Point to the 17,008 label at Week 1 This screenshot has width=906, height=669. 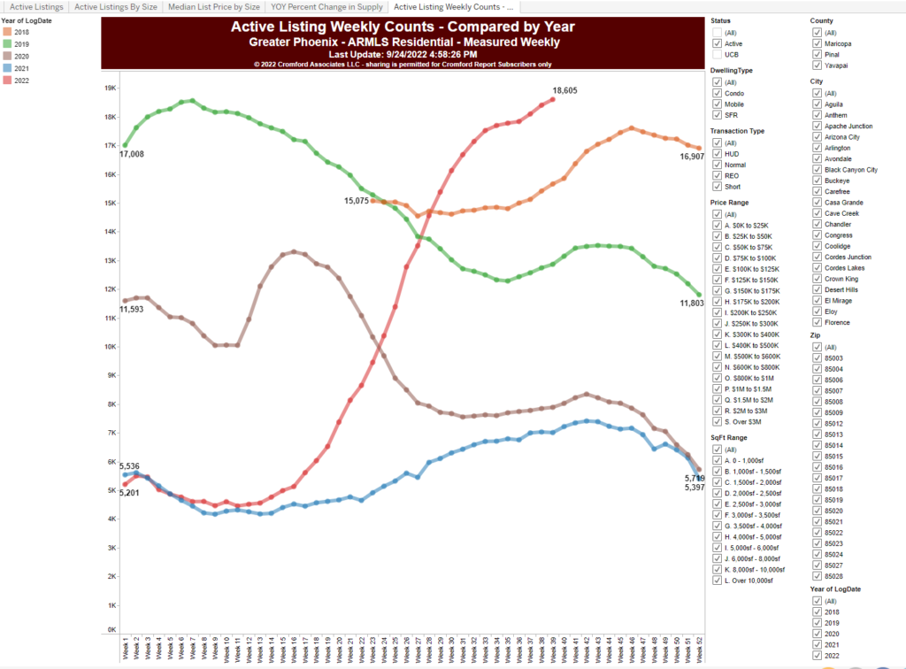click(133, 154)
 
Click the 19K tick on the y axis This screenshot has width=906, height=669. click(111, 88)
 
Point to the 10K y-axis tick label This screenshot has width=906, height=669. click(111, 346)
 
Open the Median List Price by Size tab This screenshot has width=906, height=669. click(215, 6)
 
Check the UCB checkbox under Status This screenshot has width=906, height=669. click(717, 53)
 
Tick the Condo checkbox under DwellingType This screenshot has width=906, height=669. click(717, 93)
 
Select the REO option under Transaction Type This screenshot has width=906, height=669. click(717, 175)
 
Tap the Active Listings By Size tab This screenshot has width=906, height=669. click(117, 6)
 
